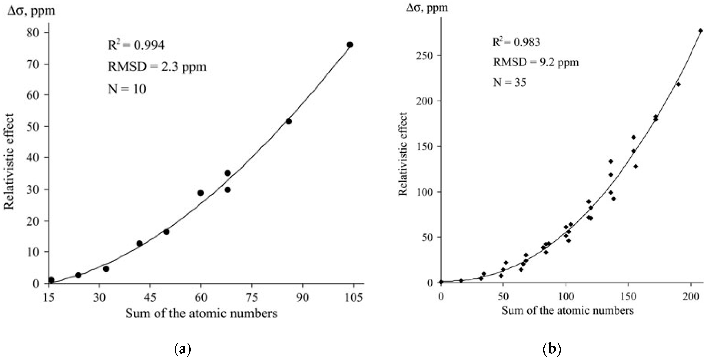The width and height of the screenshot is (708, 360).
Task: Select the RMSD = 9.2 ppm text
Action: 536,62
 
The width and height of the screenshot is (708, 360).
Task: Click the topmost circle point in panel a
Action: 350,45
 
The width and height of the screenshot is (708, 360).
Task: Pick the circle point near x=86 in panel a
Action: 289,121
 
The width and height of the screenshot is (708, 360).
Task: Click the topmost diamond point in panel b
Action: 700,31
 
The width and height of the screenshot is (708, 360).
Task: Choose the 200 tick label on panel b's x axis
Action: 691,297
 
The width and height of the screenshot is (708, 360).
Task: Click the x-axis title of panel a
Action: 201,313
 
